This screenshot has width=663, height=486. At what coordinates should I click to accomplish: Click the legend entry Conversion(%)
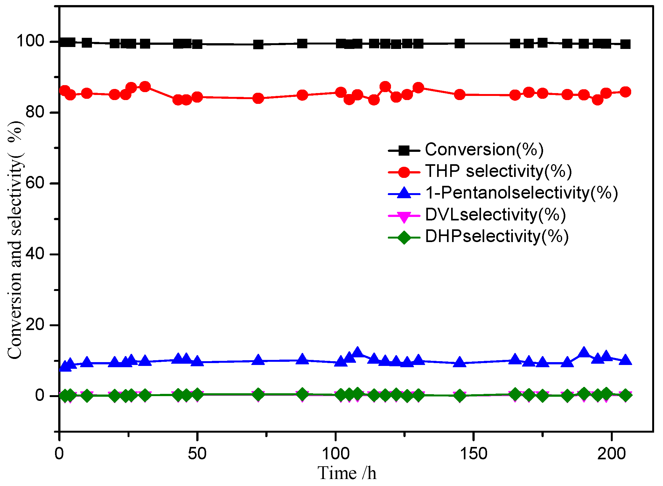point(484,149)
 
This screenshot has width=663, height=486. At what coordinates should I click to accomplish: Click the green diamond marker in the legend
point(404,237)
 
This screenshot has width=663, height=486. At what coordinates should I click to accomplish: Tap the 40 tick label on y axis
point(35,254)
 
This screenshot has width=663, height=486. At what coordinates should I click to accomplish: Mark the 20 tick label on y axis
point(35,325)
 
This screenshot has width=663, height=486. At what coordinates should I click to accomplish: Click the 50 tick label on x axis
point(197,454)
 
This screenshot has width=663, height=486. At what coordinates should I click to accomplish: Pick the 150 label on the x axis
point(473,454)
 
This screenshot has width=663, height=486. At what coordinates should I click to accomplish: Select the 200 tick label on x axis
point(611,454)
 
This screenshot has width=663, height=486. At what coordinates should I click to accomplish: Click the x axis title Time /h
point(347,473)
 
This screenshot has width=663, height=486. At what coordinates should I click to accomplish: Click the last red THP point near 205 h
point(625,92)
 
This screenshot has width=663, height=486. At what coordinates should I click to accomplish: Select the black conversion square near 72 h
point(258,44)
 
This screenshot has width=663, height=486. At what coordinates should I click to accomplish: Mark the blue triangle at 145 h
point(459,362)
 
